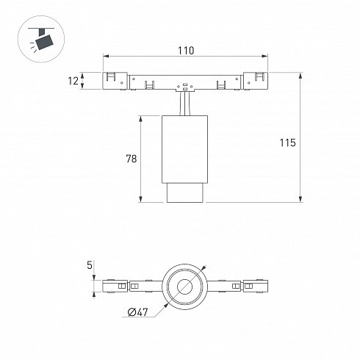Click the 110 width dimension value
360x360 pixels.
[x=186, y=51]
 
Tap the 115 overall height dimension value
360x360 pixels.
[x=288, y=143]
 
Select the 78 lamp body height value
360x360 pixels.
[x=132, y=159]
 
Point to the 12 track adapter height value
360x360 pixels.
[x=73, y=81]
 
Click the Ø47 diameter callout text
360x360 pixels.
[x=138, y=312]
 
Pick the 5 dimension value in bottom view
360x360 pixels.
[x=90, y=265]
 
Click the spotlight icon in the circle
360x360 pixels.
[x=41, y=39]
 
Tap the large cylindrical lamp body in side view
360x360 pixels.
[x=184, y=149]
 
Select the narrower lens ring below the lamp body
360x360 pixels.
[x=185, y=192]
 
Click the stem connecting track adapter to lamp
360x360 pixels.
[x=184, y=104]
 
